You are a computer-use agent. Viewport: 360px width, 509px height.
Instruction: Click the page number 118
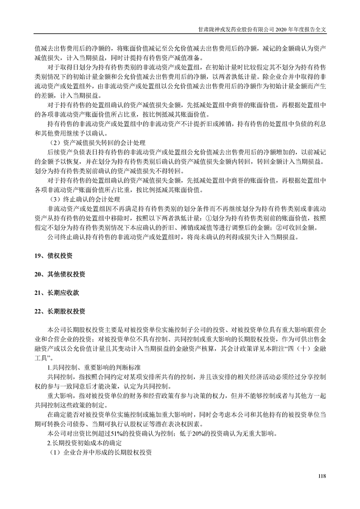[x=322, y=476]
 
